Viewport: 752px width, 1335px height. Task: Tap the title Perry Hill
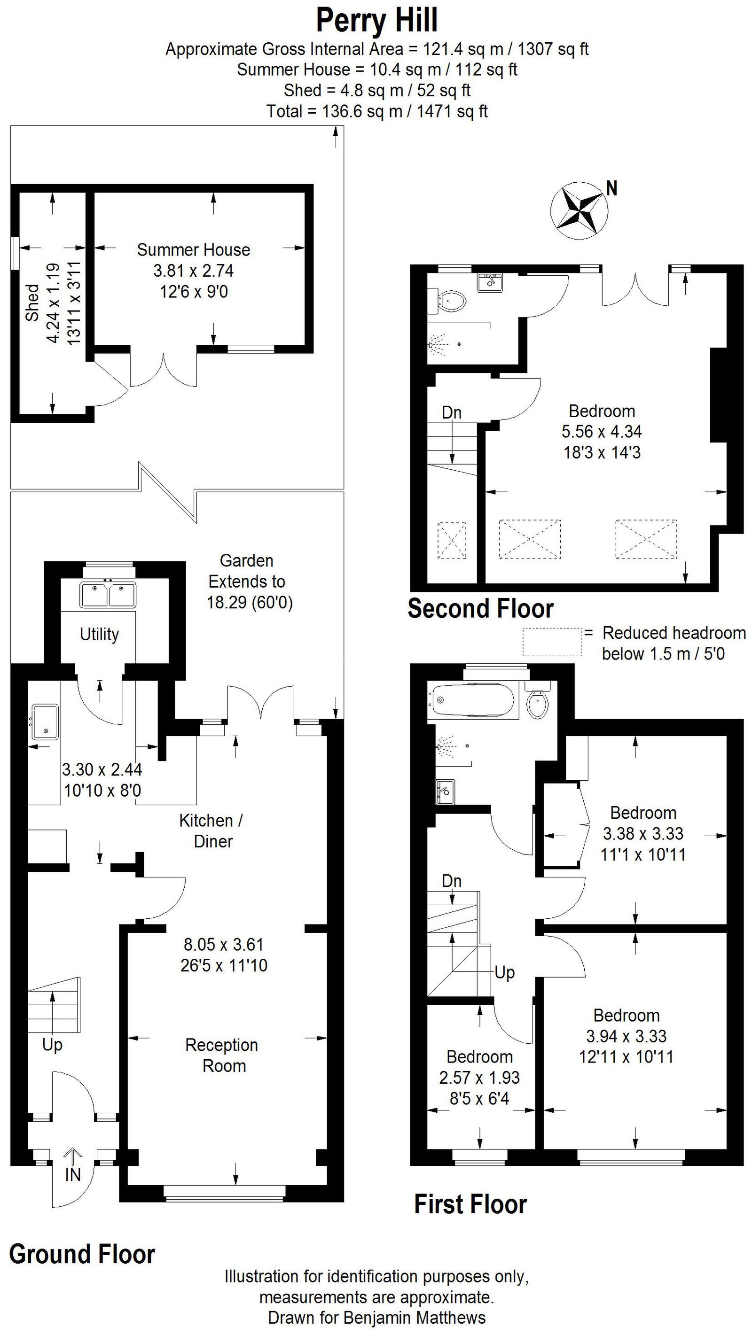point(377,21)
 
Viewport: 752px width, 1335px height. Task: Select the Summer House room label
point(194,250)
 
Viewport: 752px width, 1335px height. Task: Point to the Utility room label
point(99,634)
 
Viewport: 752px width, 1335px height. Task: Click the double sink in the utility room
point(108,594)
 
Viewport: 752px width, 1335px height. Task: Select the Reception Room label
point(222,1055)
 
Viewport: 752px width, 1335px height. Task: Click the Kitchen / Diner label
point(211,831)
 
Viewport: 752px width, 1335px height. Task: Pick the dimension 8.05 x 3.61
point(224,945)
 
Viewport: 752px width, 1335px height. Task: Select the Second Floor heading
point(480,608)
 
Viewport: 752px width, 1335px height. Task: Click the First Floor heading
point(470,1204)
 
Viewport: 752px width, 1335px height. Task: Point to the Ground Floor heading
point(82,1254)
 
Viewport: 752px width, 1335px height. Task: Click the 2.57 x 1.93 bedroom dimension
point(479,1078)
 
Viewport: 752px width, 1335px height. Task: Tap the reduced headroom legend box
point(552,642)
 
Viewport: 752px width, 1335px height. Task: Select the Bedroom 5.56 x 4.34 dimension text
point(602,431)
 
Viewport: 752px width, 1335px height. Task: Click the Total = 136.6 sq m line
point(377,111)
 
